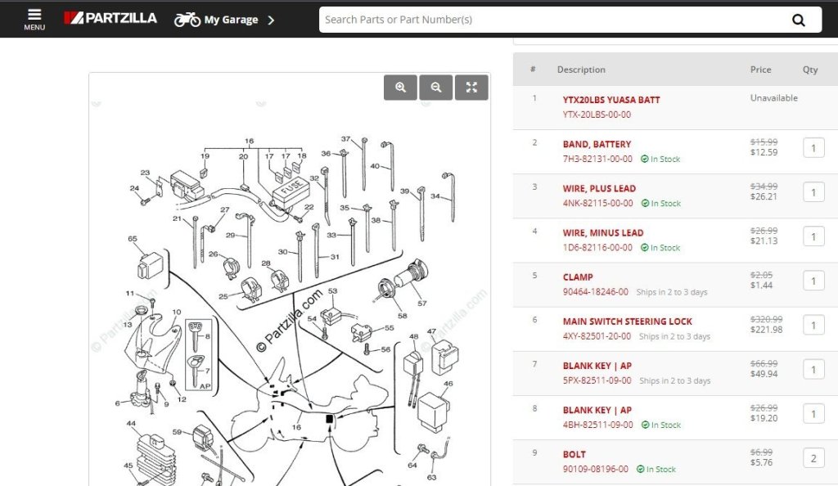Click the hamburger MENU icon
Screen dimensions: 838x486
(34, 19)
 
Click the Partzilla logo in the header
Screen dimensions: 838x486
(110, 18)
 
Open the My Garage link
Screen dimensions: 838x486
(224, 20)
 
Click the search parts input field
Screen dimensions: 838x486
(551, 20)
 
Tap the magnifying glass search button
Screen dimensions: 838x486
(799, 20)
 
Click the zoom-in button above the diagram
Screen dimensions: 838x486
(400, 87)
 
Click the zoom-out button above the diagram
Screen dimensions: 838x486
(436, 87)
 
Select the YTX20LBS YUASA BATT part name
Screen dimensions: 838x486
(610, 100)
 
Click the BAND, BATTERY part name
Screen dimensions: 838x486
(597, 144)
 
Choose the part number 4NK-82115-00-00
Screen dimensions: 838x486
(597, 204)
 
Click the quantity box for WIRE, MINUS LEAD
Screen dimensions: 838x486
(813, 236)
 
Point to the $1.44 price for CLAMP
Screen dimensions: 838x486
(761, 286)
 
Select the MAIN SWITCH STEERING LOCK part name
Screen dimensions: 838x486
(627, 322)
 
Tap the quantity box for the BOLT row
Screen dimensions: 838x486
(813, 458)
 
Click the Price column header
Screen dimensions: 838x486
(760, 70)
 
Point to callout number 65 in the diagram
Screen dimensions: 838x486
(132, 239)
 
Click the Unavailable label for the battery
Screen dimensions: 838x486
(774, 97)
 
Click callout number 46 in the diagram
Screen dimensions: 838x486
(448, 384)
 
